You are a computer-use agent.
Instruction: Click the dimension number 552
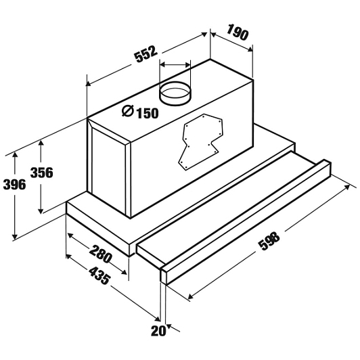[146, 55]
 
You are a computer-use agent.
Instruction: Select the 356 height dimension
[42, 173]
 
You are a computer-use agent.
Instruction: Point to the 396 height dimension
[14, 184]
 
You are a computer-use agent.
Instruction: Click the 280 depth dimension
[100, 254]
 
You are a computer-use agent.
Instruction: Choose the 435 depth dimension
[99, 275]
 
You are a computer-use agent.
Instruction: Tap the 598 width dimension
[269, 241]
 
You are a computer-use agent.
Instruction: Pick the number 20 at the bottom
[158, 331]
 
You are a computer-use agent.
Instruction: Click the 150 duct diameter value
[148, 113]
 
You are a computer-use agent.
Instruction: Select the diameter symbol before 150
[128, 111]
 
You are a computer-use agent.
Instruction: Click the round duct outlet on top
[175, 93]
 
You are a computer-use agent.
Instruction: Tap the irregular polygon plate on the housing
[200, 141]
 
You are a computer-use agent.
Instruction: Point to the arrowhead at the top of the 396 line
[15, 154]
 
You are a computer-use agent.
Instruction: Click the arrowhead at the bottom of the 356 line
[41, 210]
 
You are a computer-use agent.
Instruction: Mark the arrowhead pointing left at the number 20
[169, 326]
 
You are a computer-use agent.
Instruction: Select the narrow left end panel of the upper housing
[108, 171]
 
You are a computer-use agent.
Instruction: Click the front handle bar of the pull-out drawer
[246, 222]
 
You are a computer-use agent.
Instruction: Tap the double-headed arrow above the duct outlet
[175, 65]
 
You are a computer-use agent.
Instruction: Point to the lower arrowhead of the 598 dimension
[191, 297]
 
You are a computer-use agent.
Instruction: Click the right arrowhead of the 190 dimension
[250, 49]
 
